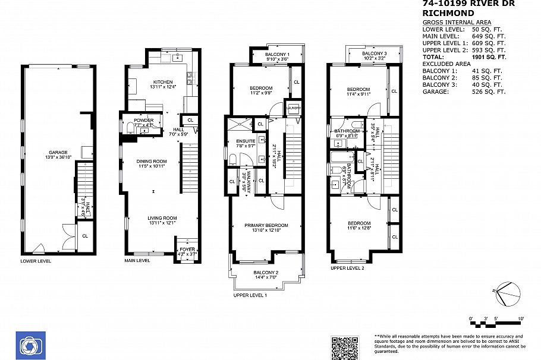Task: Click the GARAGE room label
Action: [58, 152]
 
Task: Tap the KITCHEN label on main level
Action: [162, 82]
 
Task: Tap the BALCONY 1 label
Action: [276, 55]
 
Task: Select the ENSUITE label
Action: [229, 141]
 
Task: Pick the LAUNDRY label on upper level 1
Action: [293, 108]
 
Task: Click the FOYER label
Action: [187, 250]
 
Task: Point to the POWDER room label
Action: [144, 121]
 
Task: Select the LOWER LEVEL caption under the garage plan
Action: [36, 261]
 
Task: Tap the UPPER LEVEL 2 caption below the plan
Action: [347, 268]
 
